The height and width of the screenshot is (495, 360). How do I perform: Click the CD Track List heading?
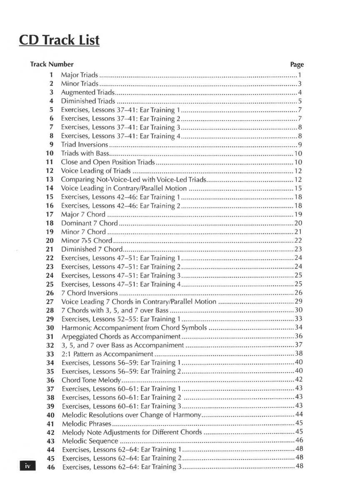[59, 41]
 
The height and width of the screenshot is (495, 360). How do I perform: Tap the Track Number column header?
[52, 64]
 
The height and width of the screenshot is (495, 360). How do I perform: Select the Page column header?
[297, 65]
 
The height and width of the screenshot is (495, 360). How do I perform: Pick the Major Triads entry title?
[80, 75]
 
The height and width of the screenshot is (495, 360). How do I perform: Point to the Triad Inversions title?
[85, 145]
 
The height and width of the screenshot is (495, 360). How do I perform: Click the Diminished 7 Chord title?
[92, 249]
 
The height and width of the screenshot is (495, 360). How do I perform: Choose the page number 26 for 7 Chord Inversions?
[298, 292]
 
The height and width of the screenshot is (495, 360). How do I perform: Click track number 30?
[50, 327]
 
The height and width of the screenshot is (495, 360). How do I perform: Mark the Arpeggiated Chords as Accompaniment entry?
[121, 336]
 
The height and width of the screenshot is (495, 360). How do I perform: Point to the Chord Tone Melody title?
[91, 380]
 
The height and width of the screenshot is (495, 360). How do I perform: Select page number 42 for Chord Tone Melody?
[298, 379]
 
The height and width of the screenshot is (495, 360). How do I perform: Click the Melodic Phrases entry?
[87, 423]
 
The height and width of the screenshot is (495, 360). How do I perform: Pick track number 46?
[51, 467]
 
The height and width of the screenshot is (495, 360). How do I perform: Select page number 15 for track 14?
[298, 188]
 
